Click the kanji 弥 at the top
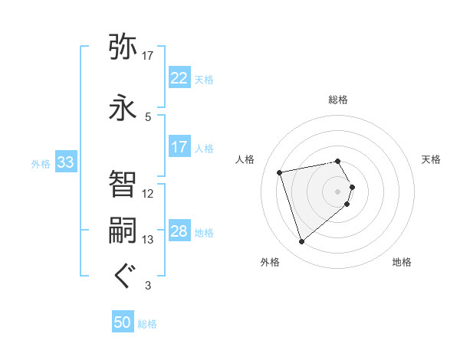(123, 47)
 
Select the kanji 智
(123, 182)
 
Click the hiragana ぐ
(123, 276)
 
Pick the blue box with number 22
(179, 77)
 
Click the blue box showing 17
(179, 147)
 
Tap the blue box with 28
(179, 231)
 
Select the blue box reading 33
(65, 162)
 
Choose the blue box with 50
(123, 323)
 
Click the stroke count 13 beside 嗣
(148, 240)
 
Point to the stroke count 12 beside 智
(148, 193)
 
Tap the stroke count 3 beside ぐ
(148, 286)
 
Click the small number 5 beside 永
(148, 116)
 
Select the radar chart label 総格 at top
(338, 100)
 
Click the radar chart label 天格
(432, 159)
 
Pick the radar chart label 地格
(402, 262)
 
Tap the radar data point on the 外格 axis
(302, 242)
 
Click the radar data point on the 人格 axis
(280, 172)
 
